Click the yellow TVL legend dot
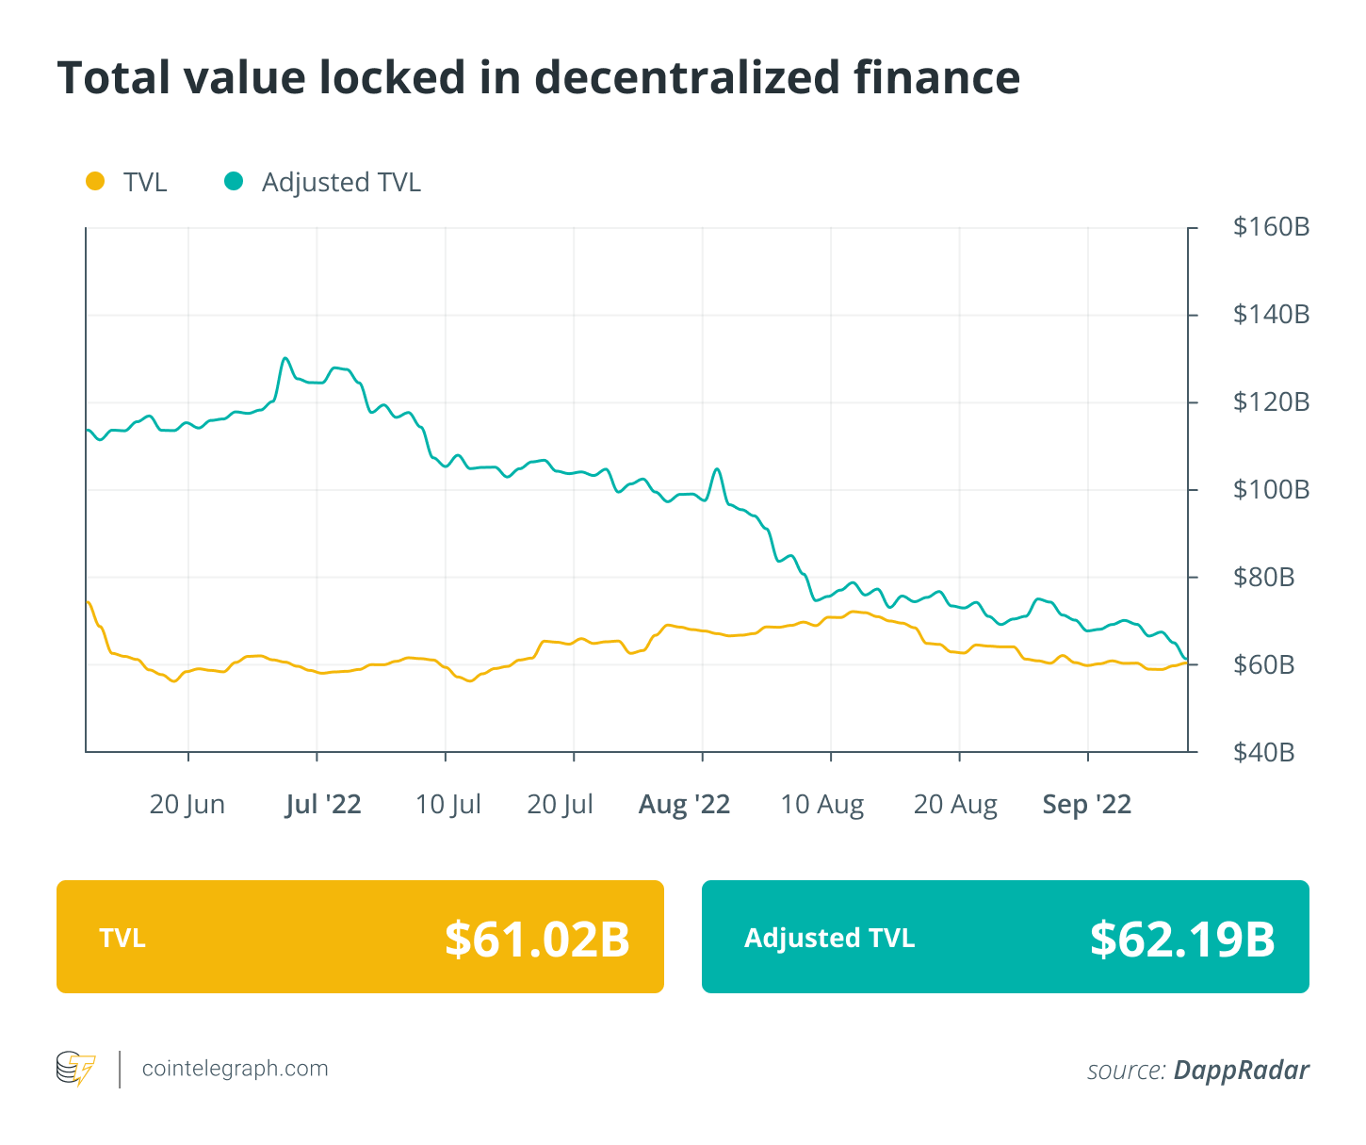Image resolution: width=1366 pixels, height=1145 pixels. click(95, 181)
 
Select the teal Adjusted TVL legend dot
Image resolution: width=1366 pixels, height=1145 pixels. click(234, 181)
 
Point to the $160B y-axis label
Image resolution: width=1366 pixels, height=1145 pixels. click(1271, 227)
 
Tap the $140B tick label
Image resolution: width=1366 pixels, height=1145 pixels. click(1271, 315)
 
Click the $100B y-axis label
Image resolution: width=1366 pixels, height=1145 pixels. click(1271, 490)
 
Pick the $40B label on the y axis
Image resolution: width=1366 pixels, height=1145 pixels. click(1263, 753)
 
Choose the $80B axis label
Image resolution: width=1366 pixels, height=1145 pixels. click(1263, 578)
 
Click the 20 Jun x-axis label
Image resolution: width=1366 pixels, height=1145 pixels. click(187, 805)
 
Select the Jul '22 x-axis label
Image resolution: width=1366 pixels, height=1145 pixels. click(323, 805)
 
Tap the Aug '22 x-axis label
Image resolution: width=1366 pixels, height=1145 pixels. click(684, 805)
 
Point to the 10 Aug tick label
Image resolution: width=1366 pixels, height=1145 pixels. click(821, 805)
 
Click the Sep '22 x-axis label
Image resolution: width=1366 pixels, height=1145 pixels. click(1086, 805)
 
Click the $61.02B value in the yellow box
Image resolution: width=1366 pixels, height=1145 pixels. click(537, 939)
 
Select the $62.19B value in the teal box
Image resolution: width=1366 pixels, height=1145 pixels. click(1182, 939)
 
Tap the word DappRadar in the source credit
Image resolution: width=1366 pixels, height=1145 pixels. click(1241, 1071)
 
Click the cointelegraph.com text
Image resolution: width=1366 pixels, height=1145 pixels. click(235, 1069)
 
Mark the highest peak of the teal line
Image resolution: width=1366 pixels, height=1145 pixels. click(285, 358)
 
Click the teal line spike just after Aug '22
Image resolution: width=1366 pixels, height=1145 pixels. click(717, 468)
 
